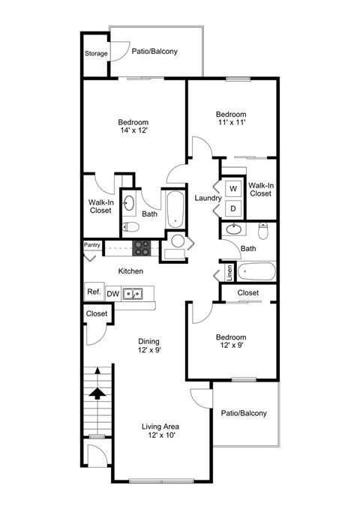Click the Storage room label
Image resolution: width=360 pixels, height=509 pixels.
[x=95, y=53]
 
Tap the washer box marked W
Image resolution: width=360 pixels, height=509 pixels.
[x=232, y=188]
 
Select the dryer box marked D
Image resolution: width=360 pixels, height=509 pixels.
[x=232, y=208]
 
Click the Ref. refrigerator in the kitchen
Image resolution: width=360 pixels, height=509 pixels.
[x=94, y=292]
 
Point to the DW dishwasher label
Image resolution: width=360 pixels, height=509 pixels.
[x=113, y=293]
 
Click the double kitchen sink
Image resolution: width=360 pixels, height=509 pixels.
[x=133, y=293]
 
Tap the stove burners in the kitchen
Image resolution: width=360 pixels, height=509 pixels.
[x=142, y=246]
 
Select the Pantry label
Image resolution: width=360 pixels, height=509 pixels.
[x=92, y=244]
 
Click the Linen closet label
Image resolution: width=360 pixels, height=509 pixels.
[x=229, y=271]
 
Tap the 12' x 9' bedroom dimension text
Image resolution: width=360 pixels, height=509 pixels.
[x=231, y=346]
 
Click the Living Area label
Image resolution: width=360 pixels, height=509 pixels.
[x=160, y=427]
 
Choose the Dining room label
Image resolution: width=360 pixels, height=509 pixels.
[x=148, y=341]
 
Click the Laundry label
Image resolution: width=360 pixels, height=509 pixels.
[x=206, y=198]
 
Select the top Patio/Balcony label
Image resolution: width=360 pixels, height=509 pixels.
[x=154, y=51]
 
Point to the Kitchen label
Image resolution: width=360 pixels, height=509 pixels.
[x=130, y=271]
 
